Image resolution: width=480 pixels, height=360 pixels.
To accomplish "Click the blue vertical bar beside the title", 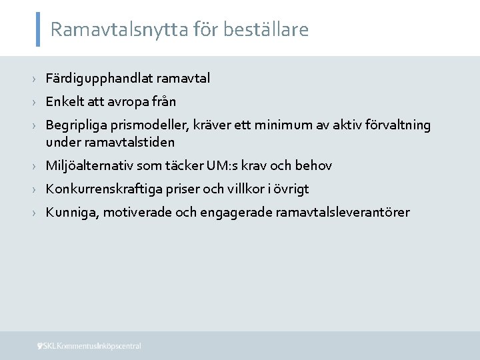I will point(37,29).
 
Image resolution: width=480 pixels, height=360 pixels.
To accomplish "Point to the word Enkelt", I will point(63,102).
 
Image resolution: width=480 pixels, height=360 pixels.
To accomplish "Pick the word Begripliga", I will point(73,125).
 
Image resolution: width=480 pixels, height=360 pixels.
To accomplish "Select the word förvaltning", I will point(398,125).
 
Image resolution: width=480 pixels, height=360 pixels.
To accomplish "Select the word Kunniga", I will point(68,213).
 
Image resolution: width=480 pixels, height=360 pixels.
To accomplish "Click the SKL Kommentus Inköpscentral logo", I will point(89,346).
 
